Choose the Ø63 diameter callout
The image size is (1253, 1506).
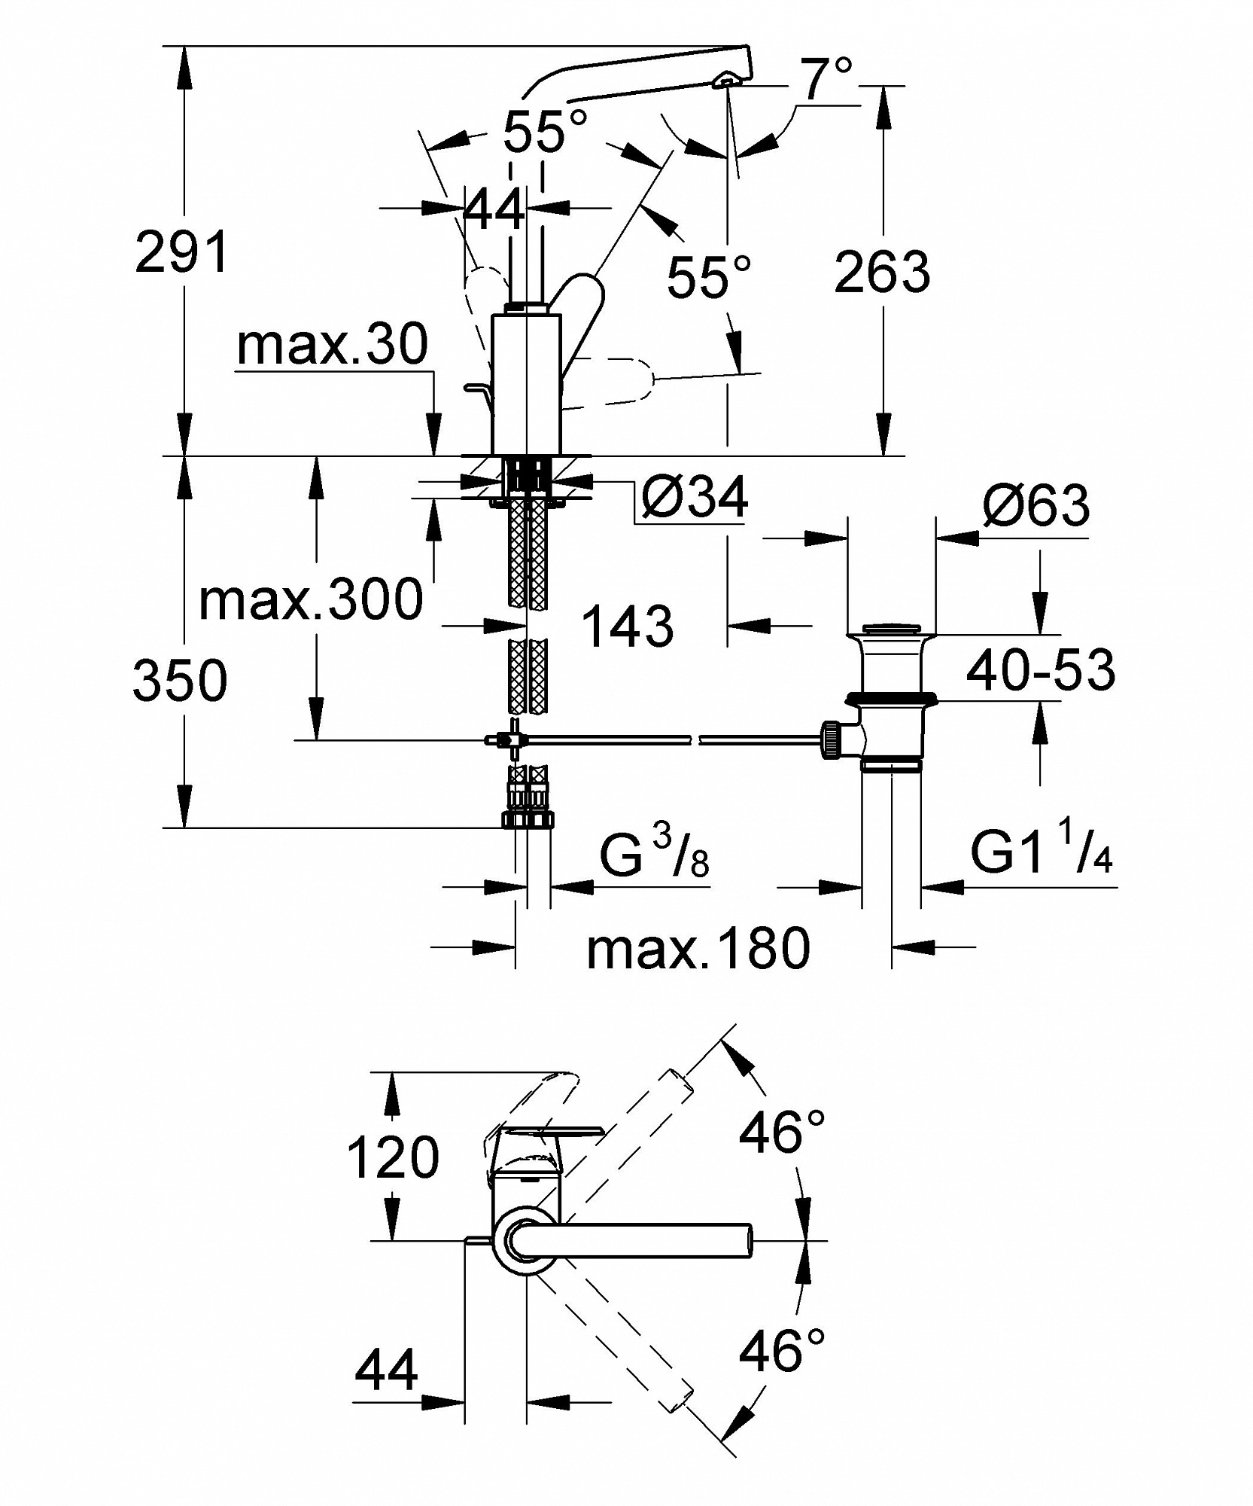pyautogui.click(x=1036, y=505)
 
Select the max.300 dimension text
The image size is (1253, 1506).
pyautogui.click(x=311, y=599)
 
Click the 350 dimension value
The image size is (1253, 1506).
pyautogui.click(x=180, y=679)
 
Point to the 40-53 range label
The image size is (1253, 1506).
pyautogui.click(x=1041, y=669)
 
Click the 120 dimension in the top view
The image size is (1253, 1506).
pyautogui.click(x=393, y=1157)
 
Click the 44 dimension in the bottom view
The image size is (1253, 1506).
pyautogui.click(x=386, y=1370)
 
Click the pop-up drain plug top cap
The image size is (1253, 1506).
pyautogui.click(x=891, y=630)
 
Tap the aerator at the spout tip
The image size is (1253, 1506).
pyautogui.click(x=726, y=80)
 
